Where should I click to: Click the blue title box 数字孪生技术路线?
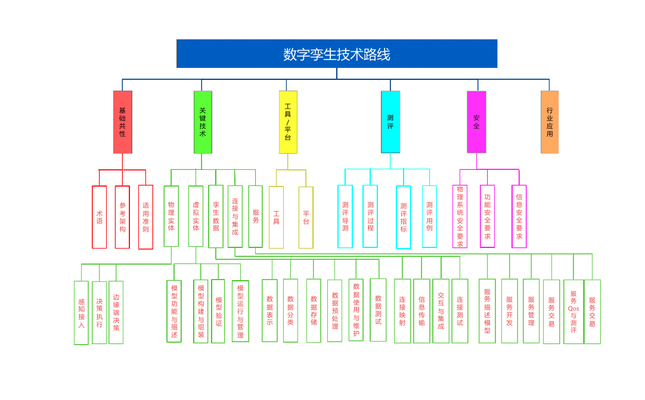click(x=337, y=54)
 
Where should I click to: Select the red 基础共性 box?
click(x=123, y=122)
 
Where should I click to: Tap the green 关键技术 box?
click(x=203, y=122)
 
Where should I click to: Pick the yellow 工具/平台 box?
click(x=288, y=122)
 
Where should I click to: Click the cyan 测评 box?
click(x=390, y=122)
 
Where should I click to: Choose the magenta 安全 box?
click(x=476, y=122)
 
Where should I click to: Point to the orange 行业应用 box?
click(x=550, y=122)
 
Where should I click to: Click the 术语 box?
click(x=100, y=217)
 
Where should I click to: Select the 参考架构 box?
click(x=122, y=217)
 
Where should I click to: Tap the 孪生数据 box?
click(x=216, y=216)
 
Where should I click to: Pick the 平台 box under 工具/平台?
click(x=306, y=217)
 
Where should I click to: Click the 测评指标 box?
click(x=404, y=217)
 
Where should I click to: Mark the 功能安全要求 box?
click(x=488, y=216)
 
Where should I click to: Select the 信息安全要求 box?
click(x=519, y=216)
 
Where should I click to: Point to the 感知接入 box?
click(x=81, y=312)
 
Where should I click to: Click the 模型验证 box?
click(x=218, y=311)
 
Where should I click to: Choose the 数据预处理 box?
click(x=335, y=311)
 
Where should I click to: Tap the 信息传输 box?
click(x=421, y=311)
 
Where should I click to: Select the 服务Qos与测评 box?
click(x=573, y=312)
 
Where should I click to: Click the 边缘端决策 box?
click(x=116, y=312)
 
